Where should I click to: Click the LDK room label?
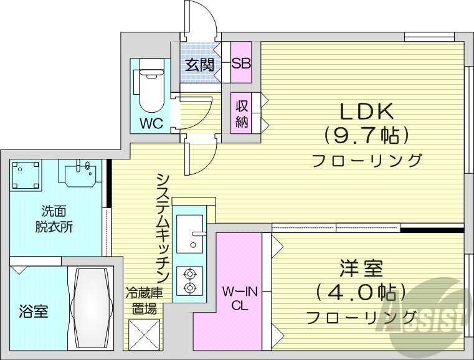pyautogui.click(x=366, y=112)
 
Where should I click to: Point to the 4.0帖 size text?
pyautogui.click(x=361, y=292)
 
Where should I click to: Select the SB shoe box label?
pyautogui.click(x=240, y=64)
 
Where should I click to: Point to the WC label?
pyautogui.click(x=151, y=123)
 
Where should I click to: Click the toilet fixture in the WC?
pyautogui.click(x=150, y=90)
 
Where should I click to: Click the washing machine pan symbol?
pyautogui.click(x=26, y=174)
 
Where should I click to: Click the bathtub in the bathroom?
pyautogui.click(x=91, y=308)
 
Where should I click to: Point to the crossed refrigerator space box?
pyautogui.click(x=145, y=334)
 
